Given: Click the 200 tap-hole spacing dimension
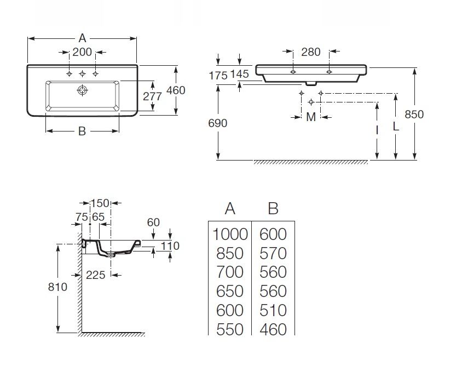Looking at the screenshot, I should click(x=82, y=53).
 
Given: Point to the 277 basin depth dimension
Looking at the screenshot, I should click(x=152, y=96).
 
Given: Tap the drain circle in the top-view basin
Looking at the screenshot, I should click(x=82, y=89).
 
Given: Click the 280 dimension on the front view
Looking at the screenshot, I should click(x=310, y=53).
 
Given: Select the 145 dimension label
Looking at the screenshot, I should click(x=240, y=74).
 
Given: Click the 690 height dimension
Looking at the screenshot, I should click(x=218, y=123).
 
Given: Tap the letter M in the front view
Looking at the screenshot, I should click(x=310, y=117).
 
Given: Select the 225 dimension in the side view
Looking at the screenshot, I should click(x=95, y=275).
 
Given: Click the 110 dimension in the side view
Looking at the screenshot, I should click(x=170, y=246).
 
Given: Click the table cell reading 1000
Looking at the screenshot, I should click(x=230, y=234).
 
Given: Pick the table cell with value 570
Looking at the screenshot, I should click(x=273, y=253).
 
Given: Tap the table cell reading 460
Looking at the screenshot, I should click(x=273, y=329).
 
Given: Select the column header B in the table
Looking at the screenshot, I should click(x=273, y=209).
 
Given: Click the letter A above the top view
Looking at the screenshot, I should click(x=82, y=38).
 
